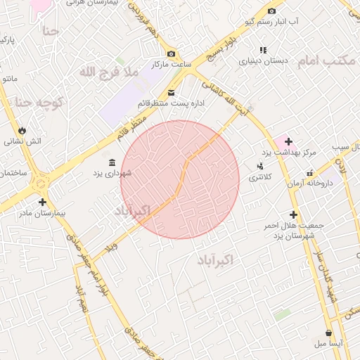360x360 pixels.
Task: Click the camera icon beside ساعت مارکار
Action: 171,54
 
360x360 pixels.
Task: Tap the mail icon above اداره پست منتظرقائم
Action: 171,92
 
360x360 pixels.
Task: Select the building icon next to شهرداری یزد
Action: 113,162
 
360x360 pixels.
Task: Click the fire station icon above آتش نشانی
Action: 22,130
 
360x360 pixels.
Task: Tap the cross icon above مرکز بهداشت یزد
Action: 288,141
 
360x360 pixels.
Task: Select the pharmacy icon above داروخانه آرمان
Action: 309,173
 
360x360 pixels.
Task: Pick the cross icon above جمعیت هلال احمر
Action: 293,214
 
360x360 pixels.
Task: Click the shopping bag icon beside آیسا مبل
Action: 328,333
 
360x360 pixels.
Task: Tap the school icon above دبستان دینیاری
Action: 264,50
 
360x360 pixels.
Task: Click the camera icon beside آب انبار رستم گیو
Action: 271,11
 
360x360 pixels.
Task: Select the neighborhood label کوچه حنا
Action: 40,103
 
